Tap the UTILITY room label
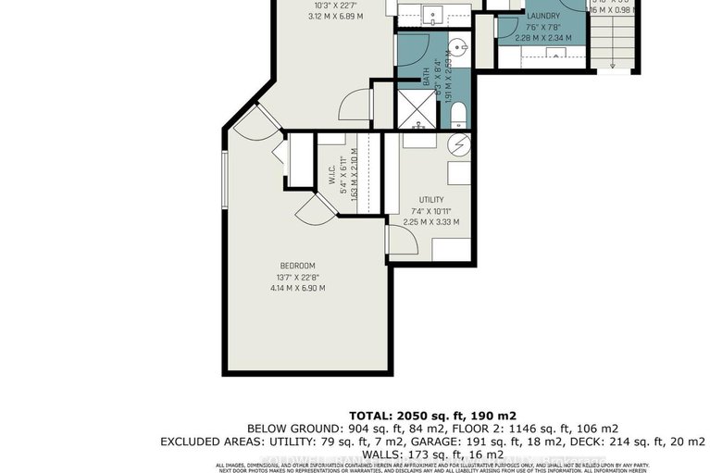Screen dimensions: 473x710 [430, 200]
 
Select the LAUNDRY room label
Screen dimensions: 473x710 [542, 17]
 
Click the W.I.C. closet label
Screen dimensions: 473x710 [330, 175]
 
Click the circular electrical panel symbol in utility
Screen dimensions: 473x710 [460, 144]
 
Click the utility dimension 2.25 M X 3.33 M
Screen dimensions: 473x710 [430, 221]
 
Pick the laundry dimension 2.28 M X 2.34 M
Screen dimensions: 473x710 [542, 38]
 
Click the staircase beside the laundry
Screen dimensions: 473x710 [614, 46]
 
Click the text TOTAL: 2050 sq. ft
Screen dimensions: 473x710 [431, 415]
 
